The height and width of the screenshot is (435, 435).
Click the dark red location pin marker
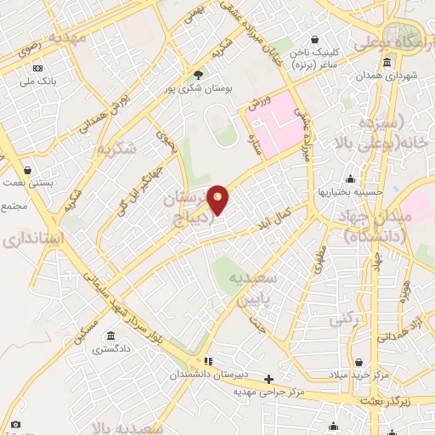pyautogui.click(x=218, y=199)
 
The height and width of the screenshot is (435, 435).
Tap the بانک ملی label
pyautogui.click(x=37, y=82)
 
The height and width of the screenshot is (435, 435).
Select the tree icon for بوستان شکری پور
pyautogui.click(x=198, y=74)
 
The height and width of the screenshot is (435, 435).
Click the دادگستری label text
pyautogui.click(x=112, y=348)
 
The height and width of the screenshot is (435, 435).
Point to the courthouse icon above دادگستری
pyautogui.click(x=112, y=336)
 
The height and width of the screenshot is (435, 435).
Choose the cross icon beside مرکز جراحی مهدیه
pyautogui.click(x=268, y=379)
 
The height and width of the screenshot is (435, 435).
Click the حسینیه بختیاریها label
pyautogui.click(x=350, y=191)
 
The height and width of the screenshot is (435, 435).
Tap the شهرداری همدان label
pyautogui.click(x=387, y=76)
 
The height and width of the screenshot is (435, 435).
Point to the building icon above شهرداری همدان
pyautogui.click(x=387, y=63)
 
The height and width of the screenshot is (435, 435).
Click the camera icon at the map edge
pyautogui.click(x=15, y=424)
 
